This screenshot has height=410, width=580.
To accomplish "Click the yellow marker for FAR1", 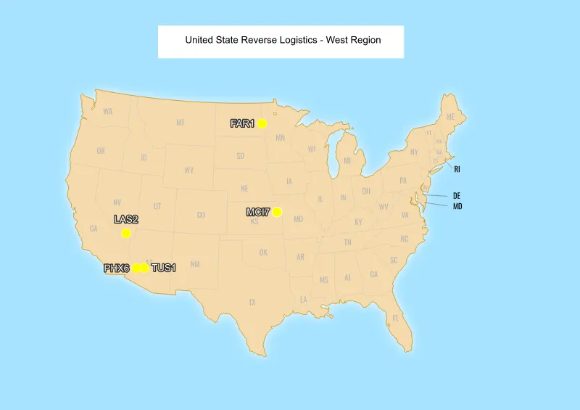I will click(x=262, y=123).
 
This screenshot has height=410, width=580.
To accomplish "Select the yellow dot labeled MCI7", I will click(x=277, y=212).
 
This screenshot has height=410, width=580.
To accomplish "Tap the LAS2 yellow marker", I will click(x=126, y=233).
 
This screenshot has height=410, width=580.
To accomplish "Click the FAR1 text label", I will click(x=242, y=123).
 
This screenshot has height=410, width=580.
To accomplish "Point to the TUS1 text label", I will click(x=163, y=268).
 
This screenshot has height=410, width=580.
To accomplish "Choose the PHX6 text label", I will click(x=116, y=268).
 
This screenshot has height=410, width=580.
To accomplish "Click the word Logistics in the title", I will click(x=294, y=40).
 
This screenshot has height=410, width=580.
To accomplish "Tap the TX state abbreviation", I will click(x=252, y=302).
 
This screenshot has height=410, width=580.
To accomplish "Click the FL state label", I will click(x=396, y=318).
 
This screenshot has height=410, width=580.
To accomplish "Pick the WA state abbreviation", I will click(x=108, y=112).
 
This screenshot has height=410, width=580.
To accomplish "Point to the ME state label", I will click(x=450, y=117).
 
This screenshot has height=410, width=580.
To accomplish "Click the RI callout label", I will click(x=457, y=169).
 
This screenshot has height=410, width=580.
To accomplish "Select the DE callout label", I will click(x=457, y=196).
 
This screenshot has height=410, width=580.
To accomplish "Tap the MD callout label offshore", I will click(x=457, y=207).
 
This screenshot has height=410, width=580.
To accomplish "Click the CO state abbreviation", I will click(x=201, y=215).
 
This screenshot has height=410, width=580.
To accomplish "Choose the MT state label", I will click(x=180, y=123).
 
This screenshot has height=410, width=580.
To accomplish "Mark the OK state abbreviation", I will click(x=263, y=253).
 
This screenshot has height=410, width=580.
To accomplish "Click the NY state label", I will click(x=414, y=152).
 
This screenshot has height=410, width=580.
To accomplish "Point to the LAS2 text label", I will click(x=126, y=219).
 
